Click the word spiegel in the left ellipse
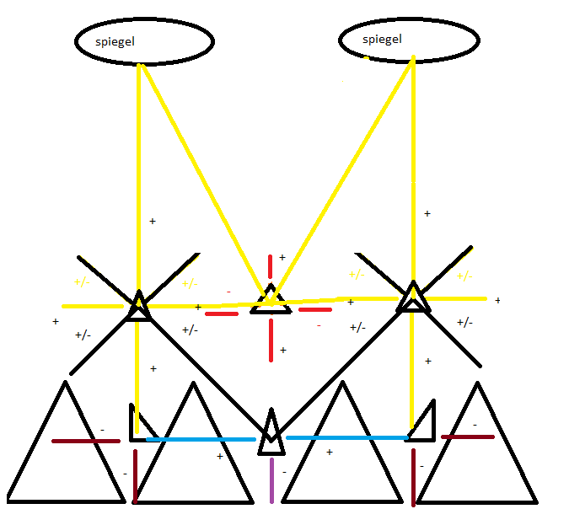click(115, 40)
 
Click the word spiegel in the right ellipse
click(382, 39)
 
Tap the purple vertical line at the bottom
click(271, 480)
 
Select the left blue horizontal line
click(201, 439)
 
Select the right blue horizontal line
click(346, 437)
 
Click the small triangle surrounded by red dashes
click(271, 301)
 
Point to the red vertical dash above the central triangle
click(271, 266)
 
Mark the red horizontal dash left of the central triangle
click(222, 313)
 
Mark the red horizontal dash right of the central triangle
click(314, 309)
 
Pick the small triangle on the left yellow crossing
click(138, 307)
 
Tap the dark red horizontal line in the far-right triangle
click(467, 437)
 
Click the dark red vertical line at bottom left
click(135, 475)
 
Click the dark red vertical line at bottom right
click(413, 477)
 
